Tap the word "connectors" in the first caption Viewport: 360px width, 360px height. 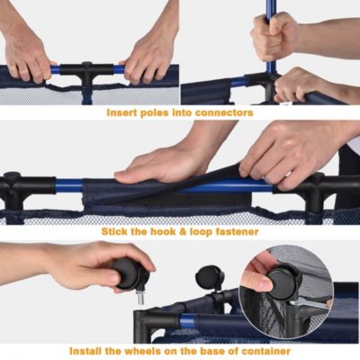coord(224,113)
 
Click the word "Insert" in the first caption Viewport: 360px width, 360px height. coord(120,112)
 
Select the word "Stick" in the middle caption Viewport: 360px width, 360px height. coord(114,231)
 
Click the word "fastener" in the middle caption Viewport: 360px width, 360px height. coord(235,231)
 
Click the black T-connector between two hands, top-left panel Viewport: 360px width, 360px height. coord(86,73)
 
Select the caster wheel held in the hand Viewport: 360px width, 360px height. coord(130,274)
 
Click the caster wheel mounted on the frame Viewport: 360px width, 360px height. coord(210,277)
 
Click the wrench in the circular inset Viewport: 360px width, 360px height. coord(309,304)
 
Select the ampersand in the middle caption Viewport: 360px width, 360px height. coord(184,231)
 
